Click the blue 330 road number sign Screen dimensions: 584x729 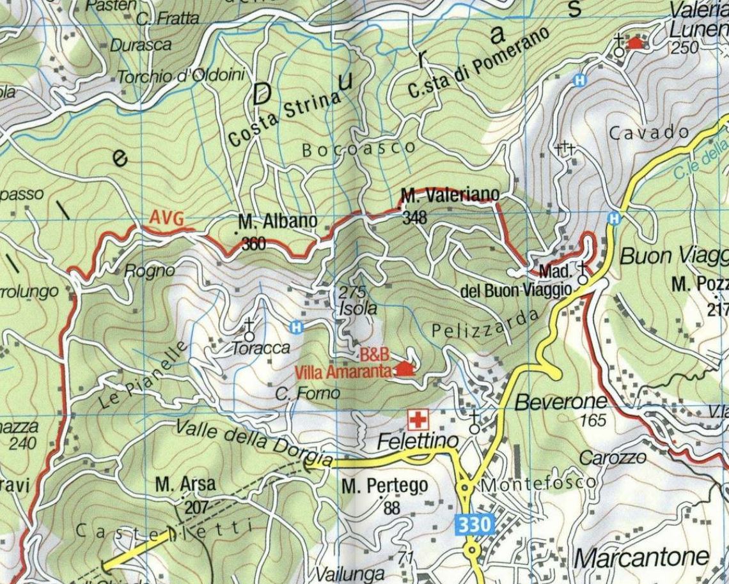[x=476, y=525]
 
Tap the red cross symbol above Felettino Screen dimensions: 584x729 [x=417, y=420]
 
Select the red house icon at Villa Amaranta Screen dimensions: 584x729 [x=405, y=368]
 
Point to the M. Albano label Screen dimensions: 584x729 [x=278, y=222]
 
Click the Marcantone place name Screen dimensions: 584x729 [x=641, y=557]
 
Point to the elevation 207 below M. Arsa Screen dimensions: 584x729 [x=196, y=508]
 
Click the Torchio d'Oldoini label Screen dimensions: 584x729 [x=181, y=76]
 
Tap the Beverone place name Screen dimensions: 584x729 [x=561, y=402]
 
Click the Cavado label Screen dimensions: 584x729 [x=649, y=134]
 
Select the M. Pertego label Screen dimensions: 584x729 [x=384, y=486]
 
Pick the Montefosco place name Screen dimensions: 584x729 [x=538, y=484]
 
